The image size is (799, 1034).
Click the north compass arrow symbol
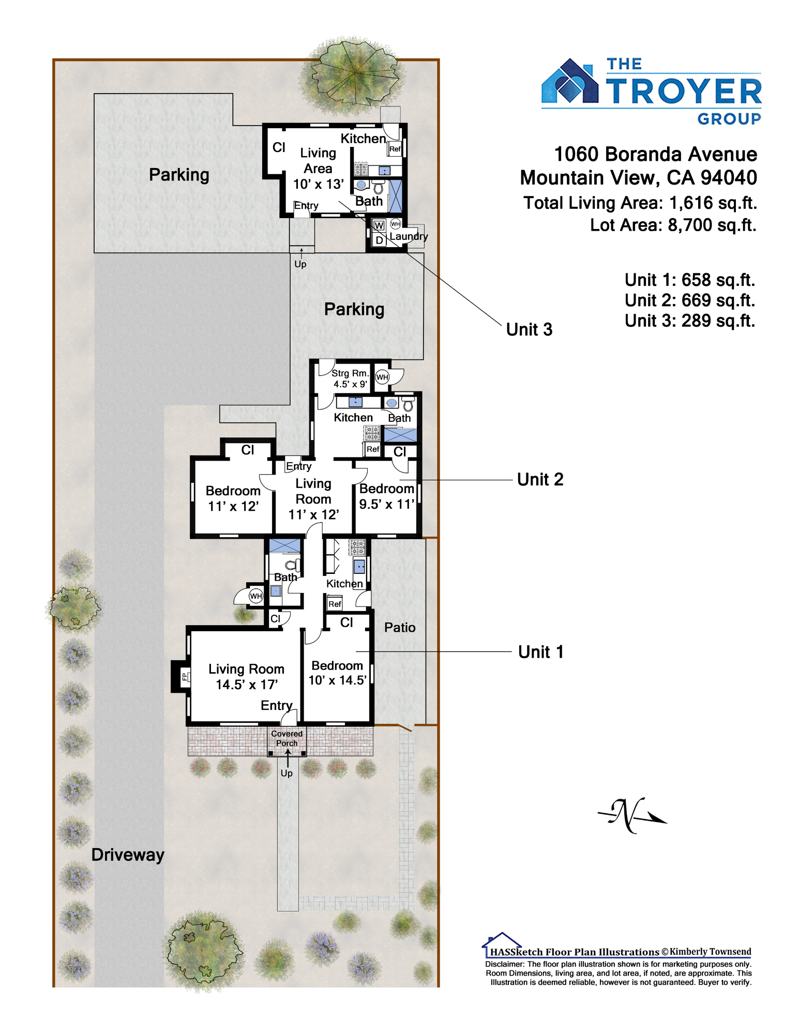(632, 815)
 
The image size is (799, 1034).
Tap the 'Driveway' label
(128, 855)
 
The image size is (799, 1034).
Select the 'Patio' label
(400, 627)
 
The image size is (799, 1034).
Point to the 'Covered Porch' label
(287, 738)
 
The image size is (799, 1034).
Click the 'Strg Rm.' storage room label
(350, 373)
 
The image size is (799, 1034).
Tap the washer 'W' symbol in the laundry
(379, 225)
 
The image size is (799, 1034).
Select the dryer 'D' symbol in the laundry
(379, 240)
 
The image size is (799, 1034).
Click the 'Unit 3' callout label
(529, 329)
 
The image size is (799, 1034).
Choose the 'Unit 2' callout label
(540, 479)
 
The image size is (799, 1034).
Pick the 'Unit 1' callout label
(540, 652)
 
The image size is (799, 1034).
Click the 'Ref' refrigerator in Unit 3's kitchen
(395, 149)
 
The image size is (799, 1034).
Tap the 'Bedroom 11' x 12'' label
(233, 498)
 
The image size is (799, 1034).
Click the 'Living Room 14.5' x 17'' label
(246, 677)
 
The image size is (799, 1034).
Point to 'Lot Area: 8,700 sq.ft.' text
(673, 225)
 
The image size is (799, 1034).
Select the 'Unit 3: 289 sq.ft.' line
(690, 321)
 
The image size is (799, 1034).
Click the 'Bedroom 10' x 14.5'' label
(337, 673)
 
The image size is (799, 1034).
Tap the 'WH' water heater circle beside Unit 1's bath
(256, 596)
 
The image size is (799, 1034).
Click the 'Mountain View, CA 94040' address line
(639, 178)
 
